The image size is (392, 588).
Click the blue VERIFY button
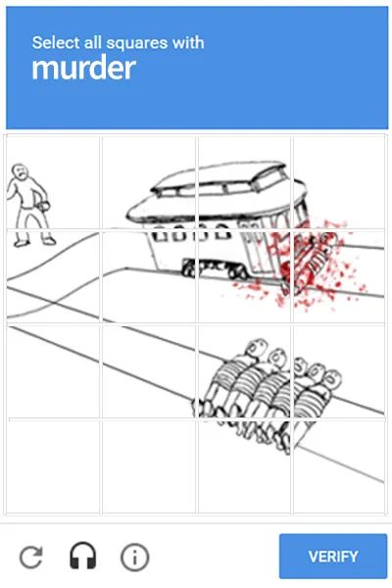tap(333, 557)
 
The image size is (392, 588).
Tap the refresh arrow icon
tap(31, 558)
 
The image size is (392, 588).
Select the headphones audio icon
tap(83, 558)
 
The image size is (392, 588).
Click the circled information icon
tap(134, 558)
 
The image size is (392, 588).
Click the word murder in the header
tap(82, 69)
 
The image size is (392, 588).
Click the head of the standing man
tap(21, 172)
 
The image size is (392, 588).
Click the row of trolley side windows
tap(191, 235)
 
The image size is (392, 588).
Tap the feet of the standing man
tap(34, 240)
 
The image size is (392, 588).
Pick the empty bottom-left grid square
tap(54, 465)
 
